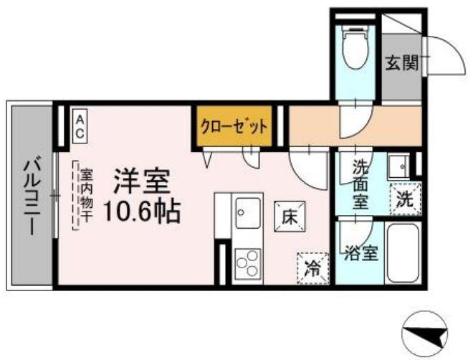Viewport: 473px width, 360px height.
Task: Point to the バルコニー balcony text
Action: pyautogui.click(x=31, y=196)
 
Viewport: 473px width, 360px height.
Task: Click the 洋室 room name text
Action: pyautogui.click(x=140, y=183)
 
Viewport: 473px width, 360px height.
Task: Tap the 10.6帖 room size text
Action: pyautogui.click(x=141, y=213)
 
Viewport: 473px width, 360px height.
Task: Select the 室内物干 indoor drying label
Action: pyautogui.click(x=86, y=190)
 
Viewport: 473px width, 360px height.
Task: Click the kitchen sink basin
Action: pyautogui.click(x=245, y=212)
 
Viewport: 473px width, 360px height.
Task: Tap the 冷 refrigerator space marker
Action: pyautogui.click(x=313, y=268)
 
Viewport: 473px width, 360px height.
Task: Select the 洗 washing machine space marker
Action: pyautogui.click(x=403, y=198)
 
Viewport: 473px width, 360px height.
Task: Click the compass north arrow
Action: pyautogui.click(x=429, y=330)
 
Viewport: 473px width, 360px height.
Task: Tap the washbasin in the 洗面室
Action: pyautogui.click(x=398, y=165)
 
